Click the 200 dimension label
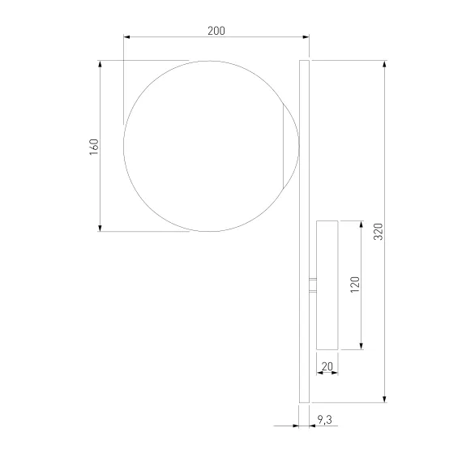tap(216, 31)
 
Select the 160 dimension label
tap(94, 147)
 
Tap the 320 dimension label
tap(378, 232)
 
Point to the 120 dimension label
tap(355, 284)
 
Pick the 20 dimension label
tap(327, 366)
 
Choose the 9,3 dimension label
tap(325, 420)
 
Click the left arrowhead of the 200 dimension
tap(126, 36)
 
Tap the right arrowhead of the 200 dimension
tap(306, 36)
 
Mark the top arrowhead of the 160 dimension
tap(100, 64)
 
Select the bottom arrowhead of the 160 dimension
tap(100, 228)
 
